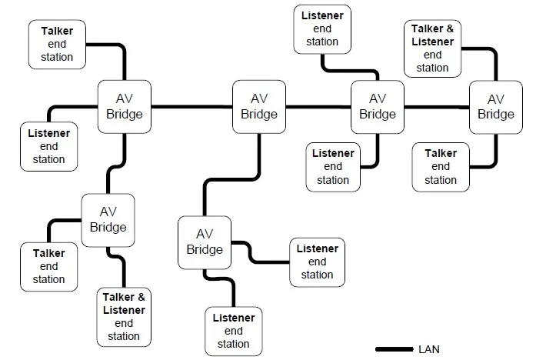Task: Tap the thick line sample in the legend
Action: click(x=394, y=349)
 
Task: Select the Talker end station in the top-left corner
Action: click(x=57, y=44)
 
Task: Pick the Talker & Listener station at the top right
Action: click(x=432, y=48)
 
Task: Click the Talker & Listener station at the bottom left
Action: click(x=124, y=316)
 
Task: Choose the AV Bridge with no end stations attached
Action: click(x=258, y=107)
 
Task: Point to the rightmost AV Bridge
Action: click(x=495, y=107)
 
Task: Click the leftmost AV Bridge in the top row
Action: click(x=125, y=107)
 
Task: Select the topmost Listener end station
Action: click(x=322, y=28)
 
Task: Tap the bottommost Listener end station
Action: click(x=233, y=331)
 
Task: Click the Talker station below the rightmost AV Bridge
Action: click(x=440, y=166)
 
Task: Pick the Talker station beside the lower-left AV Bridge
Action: click(x=48, y=266)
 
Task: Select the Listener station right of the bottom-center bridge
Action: click(x=317, y=262)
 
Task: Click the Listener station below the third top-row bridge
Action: click(x=332, y=166)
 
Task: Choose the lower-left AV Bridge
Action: click(x=108, y=219)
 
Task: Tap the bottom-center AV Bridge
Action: click(x=205, y=242)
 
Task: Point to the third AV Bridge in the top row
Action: click(x=377, y=107)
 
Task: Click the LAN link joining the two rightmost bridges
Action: click(x=436, y=107)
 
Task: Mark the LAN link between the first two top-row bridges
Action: click(x=191, y=107)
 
